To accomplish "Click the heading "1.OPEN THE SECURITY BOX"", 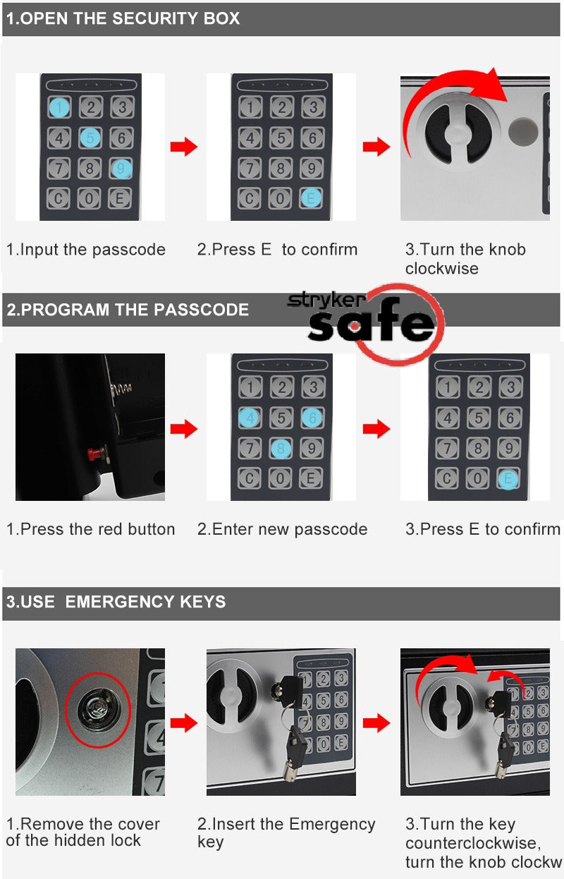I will pos(123,19).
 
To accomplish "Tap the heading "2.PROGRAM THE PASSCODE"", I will pos(128,310).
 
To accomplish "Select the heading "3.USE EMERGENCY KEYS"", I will pos(116,602).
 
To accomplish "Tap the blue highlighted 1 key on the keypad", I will pos(60,107).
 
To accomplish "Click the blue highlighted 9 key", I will pos(121,169).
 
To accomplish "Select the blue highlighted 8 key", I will pos(281,448).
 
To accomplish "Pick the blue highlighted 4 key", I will pos(250,418).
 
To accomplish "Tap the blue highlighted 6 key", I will pos(312,418).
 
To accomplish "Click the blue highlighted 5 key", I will pos(90,138).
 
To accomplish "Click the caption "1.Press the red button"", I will pos(91,529).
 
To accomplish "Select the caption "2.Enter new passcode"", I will pos(282,529).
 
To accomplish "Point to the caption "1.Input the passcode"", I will pos(86,250).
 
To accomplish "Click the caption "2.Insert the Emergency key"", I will pos(286,832).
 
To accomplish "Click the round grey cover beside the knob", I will pos(523,131).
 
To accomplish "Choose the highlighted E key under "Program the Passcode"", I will pos(508,479).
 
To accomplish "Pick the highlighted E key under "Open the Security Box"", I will pos(311,199).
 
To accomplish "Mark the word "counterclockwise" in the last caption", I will pos(471,843).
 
